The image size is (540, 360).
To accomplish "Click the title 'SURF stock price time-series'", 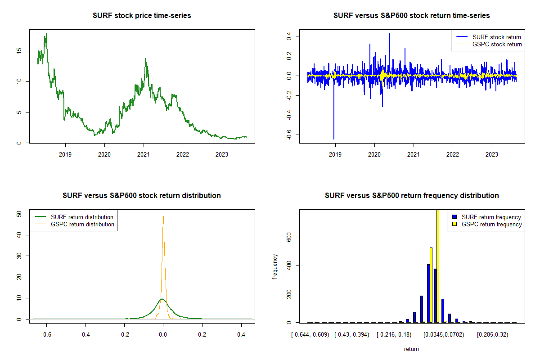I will click(x=142, y=16).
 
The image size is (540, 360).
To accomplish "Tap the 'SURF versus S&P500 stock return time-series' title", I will click(x=411, y=16).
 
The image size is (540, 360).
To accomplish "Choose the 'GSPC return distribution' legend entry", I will click(x=82, y=224).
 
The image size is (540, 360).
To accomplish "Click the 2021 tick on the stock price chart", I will click(x=144, y=152).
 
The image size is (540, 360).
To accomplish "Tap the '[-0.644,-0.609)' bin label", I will click(x=310, y=335).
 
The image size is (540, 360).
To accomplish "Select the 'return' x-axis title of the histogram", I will click(x=411, y=349).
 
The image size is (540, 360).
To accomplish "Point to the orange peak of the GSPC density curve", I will click(x=163, y=216).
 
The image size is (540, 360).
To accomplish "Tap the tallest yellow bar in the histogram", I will click(x=438, y=265).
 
